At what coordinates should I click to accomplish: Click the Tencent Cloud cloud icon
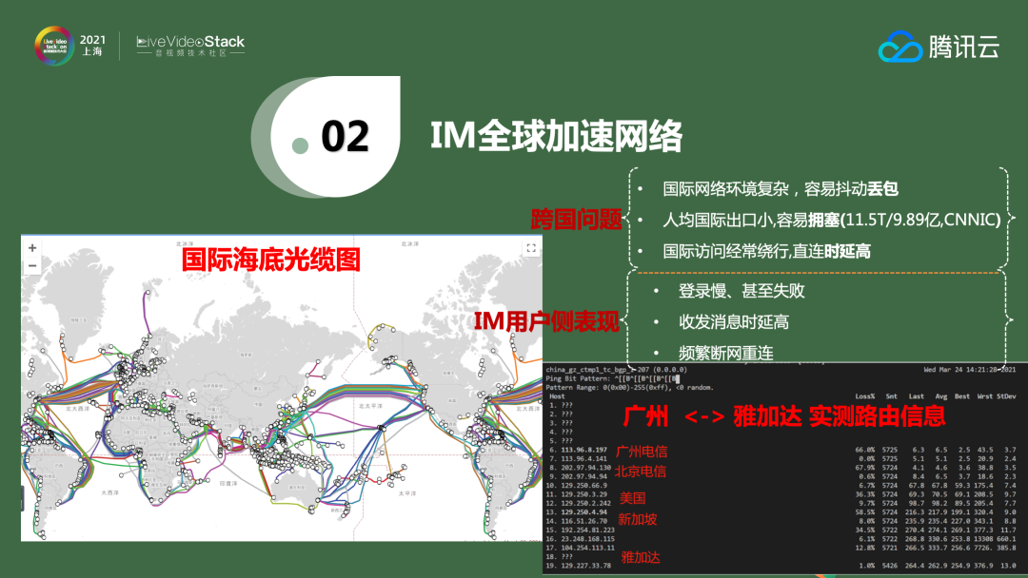[899, 46]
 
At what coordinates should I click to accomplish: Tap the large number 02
[345, 137]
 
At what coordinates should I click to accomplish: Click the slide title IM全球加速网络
[556, 137]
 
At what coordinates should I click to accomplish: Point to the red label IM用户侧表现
[546, 323]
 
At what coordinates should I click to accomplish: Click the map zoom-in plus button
[32, 247]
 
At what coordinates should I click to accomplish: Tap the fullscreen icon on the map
[531, 247]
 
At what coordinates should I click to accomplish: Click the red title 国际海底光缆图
[271, 260]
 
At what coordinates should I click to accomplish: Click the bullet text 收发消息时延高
[733, 322]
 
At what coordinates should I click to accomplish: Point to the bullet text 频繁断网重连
[725, 353]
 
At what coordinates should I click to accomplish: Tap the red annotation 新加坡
[637, 519]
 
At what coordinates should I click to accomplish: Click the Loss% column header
[864, 395]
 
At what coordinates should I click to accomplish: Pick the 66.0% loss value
[864, 449]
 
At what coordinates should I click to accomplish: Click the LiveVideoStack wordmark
[190, 42]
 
